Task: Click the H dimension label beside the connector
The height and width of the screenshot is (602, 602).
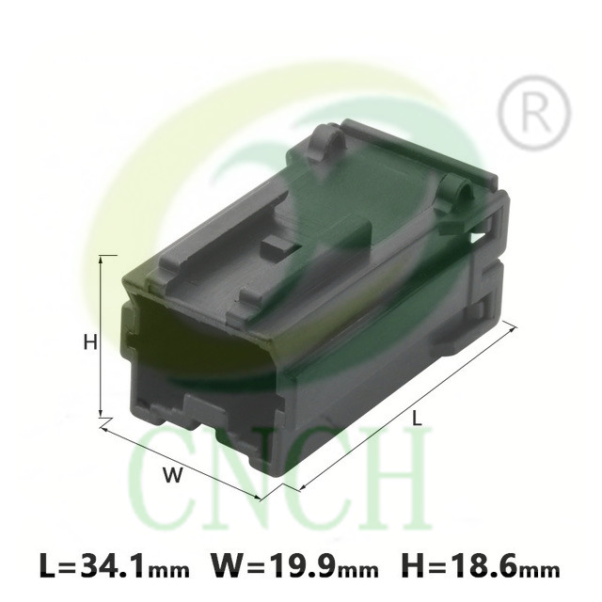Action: point(90,342)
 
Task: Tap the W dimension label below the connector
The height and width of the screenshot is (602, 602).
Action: point(172,475)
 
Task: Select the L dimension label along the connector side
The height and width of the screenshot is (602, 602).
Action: point(417,418)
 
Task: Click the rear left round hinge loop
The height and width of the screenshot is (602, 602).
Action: point(325,143)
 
